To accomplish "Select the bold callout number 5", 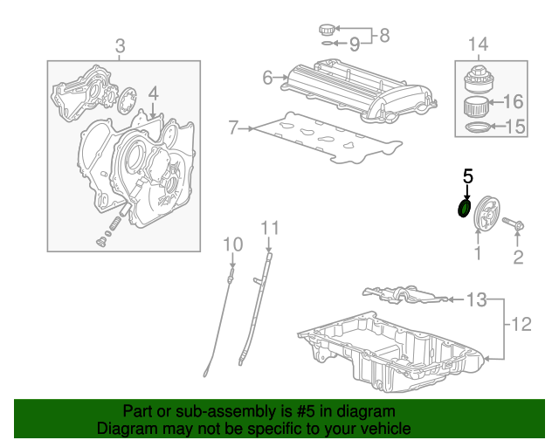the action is (x=468, y=176).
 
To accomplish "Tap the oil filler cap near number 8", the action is (x=328, y=30).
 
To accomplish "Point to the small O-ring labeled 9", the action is (x=328, y=44).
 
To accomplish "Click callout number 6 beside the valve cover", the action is (x=267, y=78).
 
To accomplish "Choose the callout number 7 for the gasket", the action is (x=233, y=127).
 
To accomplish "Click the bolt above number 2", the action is (x=513, y=223).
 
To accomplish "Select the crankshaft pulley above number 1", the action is (x=487, y=213).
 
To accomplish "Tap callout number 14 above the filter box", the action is (x=478, y=45).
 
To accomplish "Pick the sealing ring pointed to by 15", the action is (x=477, y=127).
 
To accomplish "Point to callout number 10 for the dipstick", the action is (x=233, y=244).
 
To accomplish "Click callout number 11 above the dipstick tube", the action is (x=270, y=227).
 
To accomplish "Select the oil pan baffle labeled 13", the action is (x=405, y=294).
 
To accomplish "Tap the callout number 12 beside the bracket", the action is (x=521, y=324).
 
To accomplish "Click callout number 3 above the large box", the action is (x=121, y=46).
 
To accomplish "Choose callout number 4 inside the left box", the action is (x=153, y=93).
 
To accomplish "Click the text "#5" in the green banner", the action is (x=306, y=411).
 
